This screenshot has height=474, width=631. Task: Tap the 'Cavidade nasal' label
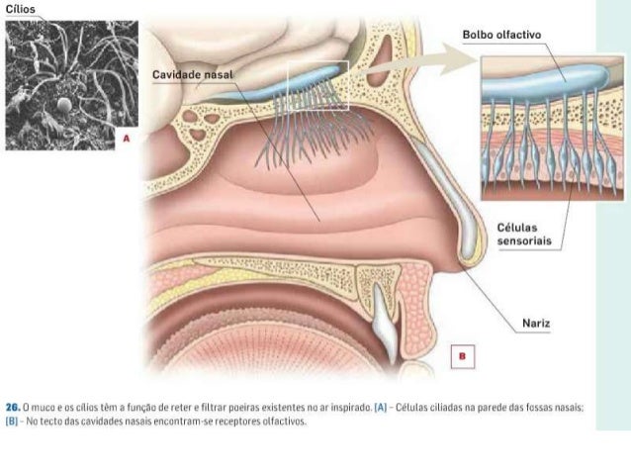pos(191,76)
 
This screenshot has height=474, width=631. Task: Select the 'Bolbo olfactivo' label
pos(502,37)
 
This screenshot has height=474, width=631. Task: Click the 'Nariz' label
pos(536,323)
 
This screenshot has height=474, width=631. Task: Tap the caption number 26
pos(13,407)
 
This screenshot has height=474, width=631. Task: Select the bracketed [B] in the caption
pos(13,421)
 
